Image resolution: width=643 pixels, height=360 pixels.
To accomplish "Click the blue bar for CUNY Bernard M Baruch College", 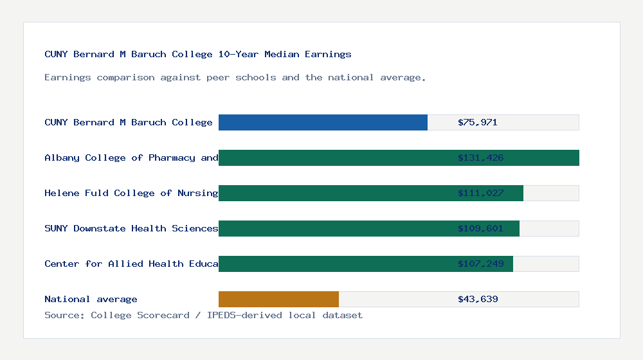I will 323,122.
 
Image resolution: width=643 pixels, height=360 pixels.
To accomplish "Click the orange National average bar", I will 278,299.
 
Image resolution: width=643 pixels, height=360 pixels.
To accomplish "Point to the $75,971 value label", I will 478,122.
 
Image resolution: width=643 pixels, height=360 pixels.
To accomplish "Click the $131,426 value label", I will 480,157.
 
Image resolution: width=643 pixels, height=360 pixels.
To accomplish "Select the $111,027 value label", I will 480,193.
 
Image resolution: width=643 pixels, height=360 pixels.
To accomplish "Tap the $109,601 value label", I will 480,228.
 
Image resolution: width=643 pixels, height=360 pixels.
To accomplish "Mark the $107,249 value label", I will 480,264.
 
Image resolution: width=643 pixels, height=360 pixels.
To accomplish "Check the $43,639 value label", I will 478,299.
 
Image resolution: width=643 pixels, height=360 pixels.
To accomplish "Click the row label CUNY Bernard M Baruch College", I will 129,122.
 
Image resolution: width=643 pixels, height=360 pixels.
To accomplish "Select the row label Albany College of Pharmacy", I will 131,157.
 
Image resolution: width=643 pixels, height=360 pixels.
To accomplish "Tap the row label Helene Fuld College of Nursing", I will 131,193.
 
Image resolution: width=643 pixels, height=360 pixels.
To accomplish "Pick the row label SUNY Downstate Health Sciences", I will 131,228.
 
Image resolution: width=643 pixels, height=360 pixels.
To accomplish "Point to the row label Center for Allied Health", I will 131,264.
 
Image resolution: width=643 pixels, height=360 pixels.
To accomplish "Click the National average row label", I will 91,299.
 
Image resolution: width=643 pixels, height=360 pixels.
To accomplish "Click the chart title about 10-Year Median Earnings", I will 198,55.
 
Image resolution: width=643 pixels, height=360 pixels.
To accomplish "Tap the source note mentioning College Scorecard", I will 203,315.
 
